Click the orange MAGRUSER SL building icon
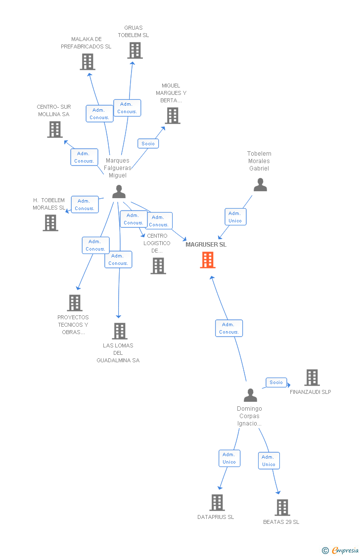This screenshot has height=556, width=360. (208, 260)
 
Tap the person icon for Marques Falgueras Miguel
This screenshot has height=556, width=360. (119, 191)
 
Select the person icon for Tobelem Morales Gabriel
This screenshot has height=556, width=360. (260, 185)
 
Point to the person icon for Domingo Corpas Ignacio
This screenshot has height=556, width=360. (251, 395)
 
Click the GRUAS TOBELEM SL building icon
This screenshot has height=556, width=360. (135, 50)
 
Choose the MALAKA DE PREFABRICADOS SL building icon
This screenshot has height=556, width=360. (88, 62)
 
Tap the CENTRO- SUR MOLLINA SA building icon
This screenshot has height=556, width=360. (55, 129)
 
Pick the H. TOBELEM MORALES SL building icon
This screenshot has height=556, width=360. (50, 223)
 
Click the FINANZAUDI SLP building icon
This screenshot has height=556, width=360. (312, 378)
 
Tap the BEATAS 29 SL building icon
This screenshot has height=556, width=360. (282, 508)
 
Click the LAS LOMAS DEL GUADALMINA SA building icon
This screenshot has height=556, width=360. (120, 331)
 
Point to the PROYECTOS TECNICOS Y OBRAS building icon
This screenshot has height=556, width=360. (75, 303)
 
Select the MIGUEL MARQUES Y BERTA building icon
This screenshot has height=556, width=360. (173, 116)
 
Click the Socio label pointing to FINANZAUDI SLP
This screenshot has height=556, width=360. (276, 383)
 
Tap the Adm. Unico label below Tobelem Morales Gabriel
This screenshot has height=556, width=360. (235, 217)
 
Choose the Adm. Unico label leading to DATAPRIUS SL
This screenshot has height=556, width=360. (229, 458)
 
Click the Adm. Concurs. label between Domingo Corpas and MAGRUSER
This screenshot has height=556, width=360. (229, 328)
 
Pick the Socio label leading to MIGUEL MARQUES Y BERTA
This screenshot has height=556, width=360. (148, 143)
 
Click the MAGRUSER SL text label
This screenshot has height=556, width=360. (206, 245)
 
